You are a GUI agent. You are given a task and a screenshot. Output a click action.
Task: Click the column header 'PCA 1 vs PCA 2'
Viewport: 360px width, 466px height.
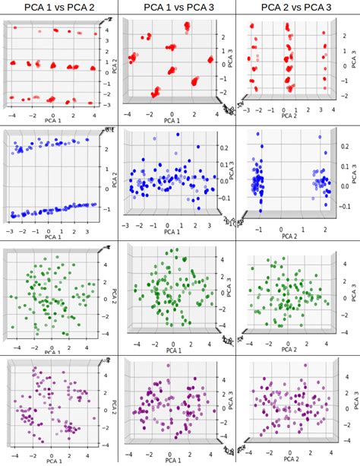[59, 8]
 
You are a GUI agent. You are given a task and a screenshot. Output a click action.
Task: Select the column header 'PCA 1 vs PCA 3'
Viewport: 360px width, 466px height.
[178, 8]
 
